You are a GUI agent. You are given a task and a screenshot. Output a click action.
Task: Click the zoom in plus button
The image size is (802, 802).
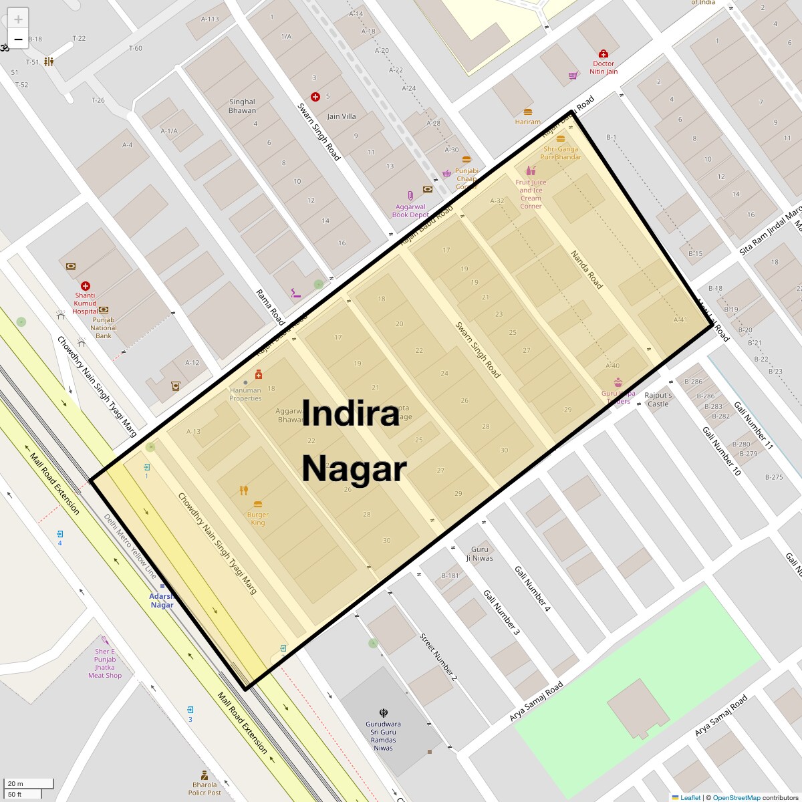pos(18,19)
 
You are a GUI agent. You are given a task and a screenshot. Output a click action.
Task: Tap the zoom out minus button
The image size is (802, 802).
pos(18,39)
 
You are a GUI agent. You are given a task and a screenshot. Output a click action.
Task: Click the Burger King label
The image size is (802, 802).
pos(258,519)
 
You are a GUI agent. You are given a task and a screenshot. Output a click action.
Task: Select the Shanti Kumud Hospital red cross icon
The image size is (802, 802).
pos(86,286)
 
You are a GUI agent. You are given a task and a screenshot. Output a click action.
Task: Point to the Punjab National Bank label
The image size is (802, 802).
pos(104,327)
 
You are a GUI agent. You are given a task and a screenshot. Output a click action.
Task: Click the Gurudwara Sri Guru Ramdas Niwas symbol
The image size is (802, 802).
pos(383,713)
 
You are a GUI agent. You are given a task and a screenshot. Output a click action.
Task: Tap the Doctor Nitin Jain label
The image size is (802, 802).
pos(604,68)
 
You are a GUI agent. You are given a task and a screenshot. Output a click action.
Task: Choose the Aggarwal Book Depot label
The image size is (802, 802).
pos(410,211)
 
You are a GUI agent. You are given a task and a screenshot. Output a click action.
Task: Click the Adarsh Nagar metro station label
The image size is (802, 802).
pos(162,600)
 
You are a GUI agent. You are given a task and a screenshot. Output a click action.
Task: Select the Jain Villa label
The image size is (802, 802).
pos(341,116)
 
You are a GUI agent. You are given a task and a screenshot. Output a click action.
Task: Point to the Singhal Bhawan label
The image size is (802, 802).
pos(242,106)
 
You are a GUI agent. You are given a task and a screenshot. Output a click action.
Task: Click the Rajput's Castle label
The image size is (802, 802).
pos(658,400)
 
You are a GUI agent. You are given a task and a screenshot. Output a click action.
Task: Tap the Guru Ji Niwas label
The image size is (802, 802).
pos(480,553)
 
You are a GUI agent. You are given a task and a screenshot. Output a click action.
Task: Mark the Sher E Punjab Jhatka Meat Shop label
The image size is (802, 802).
pos(105,663)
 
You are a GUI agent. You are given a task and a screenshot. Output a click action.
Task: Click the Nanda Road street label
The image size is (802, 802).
pos(587,270)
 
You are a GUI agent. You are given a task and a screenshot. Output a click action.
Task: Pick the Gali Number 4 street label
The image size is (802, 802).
pos(533,589)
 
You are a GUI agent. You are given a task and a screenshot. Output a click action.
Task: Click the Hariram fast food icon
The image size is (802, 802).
pos(528,112)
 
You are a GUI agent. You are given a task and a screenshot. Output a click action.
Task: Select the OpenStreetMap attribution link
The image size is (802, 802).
pos(736,797)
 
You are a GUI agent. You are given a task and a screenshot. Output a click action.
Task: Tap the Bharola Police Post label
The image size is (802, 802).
pos(205,789)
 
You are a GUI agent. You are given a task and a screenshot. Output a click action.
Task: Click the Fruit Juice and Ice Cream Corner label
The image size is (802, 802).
pos(531,194)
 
